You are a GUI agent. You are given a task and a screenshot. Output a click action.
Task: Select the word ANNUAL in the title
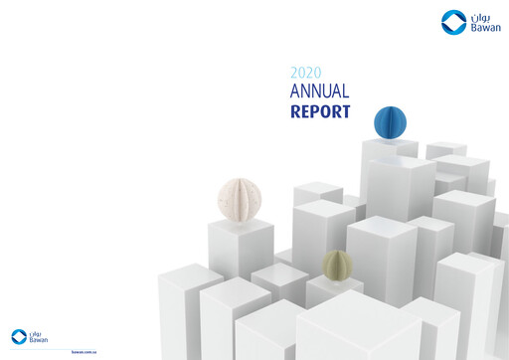320,91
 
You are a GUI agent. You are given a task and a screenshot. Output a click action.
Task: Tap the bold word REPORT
320,111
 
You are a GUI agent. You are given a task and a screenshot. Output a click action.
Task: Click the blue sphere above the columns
390,122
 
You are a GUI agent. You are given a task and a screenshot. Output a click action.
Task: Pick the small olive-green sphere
337,265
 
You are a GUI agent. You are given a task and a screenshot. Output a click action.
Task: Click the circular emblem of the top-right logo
452,22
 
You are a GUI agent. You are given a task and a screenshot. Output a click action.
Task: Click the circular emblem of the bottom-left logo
19,336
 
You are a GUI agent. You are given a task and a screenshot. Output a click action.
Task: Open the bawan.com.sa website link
84,351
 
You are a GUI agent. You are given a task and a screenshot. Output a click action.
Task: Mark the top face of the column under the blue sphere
390,146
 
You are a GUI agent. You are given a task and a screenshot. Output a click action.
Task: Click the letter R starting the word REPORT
295,111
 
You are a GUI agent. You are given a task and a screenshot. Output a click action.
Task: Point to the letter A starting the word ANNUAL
295,91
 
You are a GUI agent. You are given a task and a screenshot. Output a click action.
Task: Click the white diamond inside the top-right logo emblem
452,22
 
